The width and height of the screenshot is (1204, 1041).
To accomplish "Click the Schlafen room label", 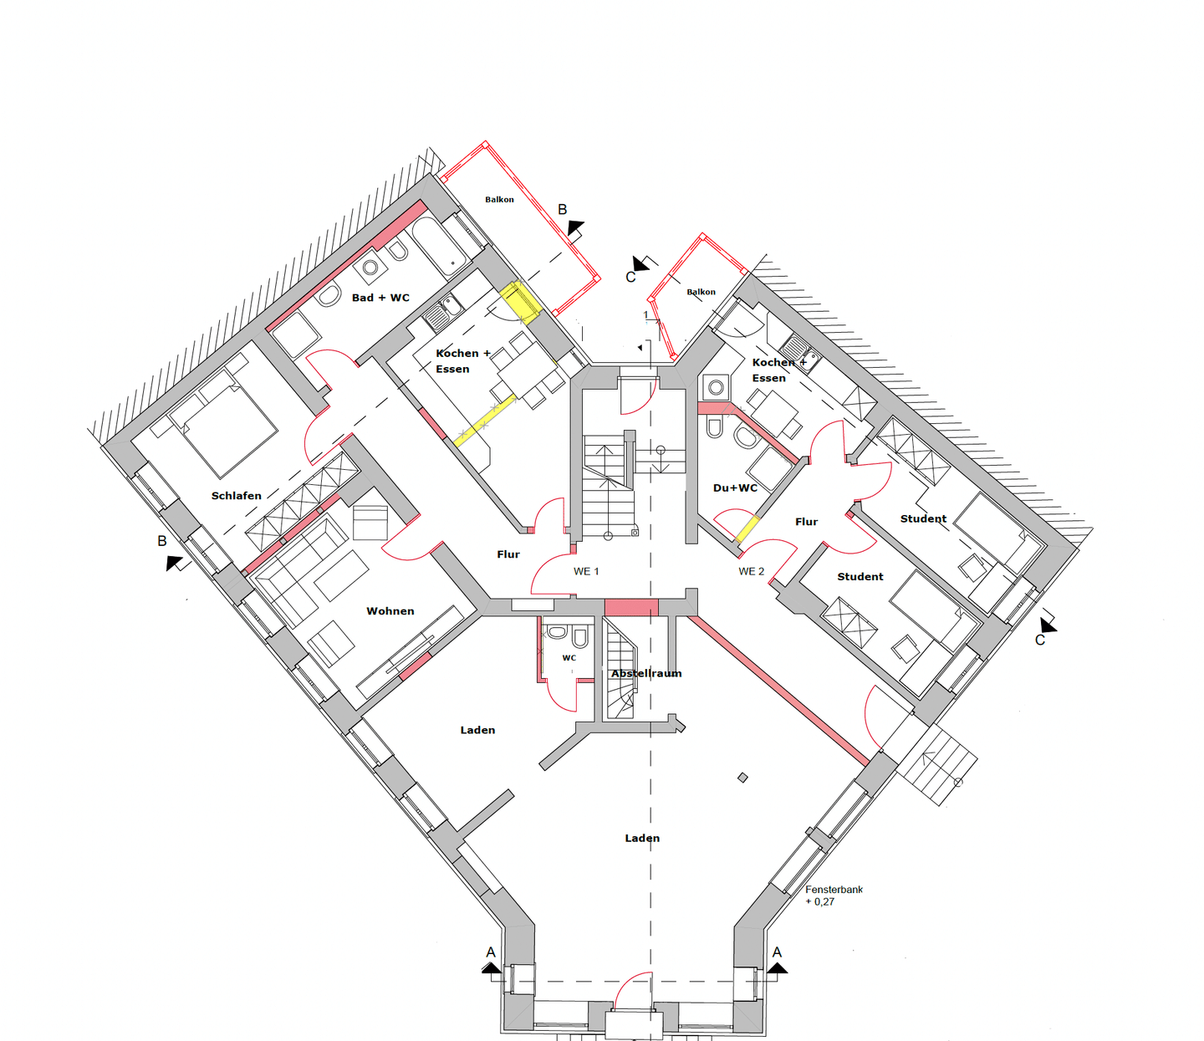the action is (x=236, y=496).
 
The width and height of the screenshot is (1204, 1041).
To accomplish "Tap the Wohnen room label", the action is (x=390, y=611).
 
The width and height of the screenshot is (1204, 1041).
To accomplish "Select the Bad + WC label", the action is (x=380, y=298).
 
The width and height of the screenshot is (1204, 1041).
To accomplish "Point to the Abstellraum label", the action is (x=646, y=673).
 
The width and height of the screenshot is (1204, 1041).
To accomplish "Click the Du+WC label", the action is (x=735, y=487).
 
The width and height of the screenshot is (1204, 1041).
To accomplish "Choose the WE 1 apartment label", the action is (x=586, y=571).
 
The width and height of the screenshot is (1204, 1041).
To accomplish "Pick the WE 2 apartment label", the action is (x=752, y=571).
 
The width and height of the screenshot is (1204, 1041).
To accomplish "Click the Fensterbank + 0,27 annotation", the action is (x=834, y=896).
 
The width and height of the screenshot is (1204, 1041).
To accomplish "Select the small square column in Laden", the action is (x=742, y=777).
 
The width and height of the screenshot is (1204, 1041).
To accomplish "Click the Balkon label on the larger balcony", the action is (x=500, y=199).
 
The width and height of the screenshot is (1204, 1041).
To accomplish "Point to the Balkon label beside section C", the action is (x=701, y=292).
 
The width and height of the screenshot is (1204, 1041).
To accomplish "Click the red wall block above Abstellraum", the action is (x=631, y=607).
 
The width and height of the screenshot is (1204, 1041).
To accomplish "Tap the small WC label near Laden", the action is (x=569, y=658).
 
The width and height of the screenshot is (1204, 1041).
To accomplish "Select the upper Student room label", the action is (x=923, y=518).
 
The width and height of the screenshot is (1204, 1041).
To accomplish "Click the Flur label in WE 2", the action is (x=806, y=522).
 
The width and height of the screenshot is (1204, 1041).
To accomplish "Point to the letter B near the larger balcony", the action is (x=562, y=209).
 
